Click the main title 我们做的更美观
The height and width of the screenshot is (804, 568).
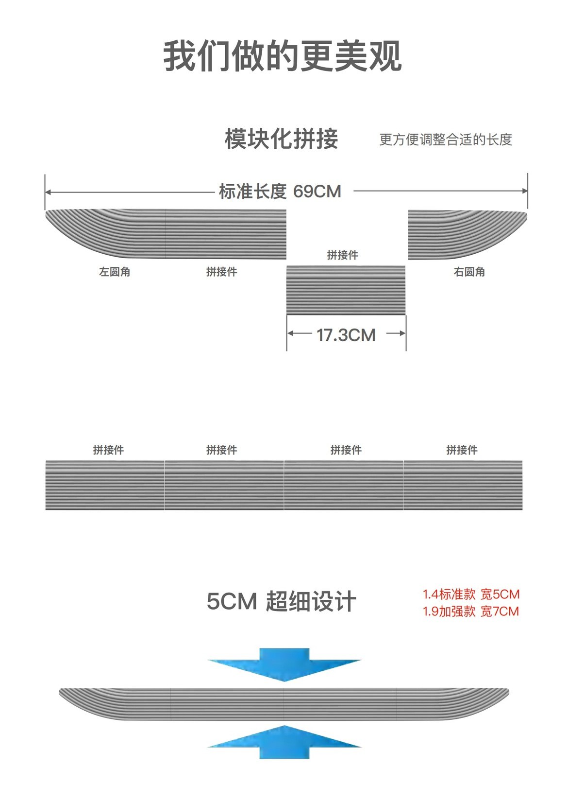pos(283,57)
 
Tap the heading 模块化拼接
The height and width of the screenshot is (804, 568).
pos(281,139)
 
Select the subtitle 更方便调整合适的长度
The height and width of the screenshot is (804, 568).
pos(445,140)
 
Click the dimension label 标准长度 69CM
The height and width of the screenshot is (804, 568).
pos(280,192)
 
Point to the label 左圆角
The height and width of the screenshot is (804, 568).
pos(115,272)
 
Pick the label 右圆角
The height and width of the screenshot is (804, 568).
pos(469,272)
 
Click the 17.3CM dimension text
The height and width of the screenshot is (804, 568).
pos(346,335)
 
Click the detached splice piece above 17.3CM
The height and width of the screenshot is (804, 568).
pos(346,290)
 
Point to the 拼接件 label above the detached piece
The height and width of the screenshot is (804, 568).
pos(342,255)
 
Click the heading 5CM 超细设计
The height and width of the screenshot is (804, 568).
pos(281,602)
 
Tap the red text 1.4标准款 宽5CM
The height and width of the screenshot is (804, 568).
pos(471,594)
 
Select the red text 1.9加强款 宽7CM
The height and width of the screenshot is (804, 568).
pos(471,611)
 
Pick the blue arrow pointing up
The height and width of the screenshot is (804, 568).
pos(284,742)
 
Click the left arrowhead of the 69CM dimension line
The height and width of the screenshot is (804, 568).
pos(48,192)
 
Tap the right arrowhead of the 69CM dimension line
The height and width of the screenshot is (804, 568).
pos(525,191)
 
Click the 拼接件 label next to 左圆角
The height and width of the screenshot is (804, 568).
pos(221,272)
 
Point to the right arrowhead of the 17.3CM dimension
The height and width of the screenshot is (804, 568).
pos(402,333)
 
